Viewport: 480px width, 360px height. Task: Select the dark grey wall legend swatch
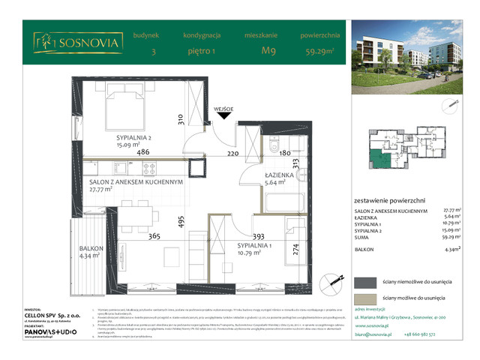click(x=367, y=282)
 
